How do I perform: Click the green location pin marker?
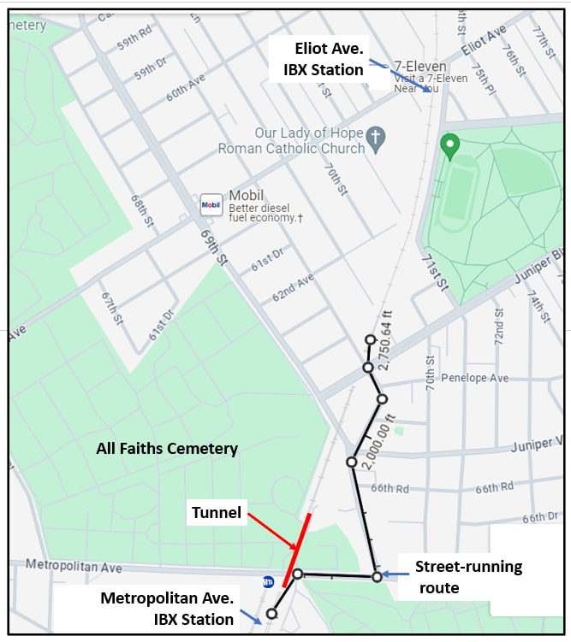coord(449,146)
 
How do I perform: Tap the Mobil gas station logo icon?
coord(211,204)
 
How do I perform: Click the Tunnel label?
coord(216,513)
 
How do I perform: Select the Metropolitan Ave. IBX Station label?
coord(167,609)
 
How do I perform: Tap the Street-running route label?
coord(468,577)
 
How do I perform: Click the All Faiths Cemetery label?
coord(167,448)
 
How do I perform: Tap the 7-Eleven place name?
coord(419,65)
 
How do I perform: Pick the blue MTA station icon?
coord(268,582)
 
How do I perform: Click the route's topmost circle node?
coord(370,339)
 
